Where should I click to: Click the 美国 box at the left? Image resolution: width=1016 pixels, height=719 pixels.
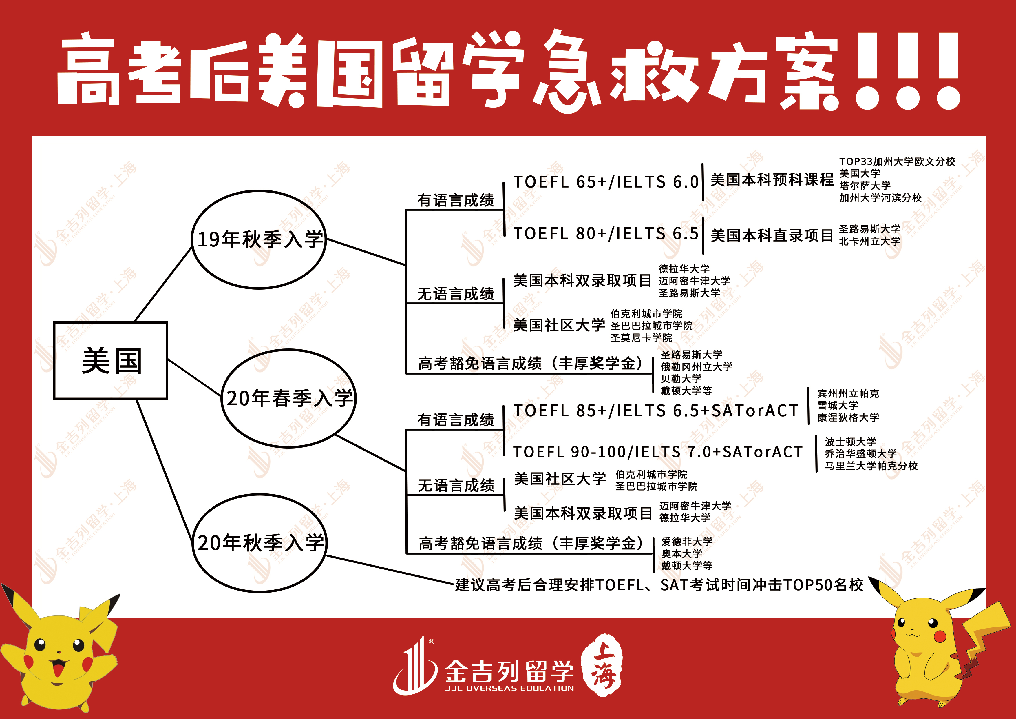[111, 361]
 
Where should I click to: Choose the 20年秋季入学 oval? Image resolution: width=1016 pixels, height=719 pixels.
[260, 543]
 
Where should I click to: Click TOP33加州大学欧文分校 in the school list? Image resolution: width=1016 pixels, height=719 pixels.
[897, 161]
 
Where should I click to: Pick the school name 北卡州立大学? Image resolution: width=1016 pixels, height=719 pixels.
[869, 242]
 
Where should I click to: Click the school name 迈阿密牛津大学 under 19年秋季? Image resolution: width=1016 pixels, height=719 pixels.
[694, 281]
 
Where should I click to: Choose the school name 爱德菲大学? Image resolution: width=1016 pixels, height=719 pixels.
[687, 541]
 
